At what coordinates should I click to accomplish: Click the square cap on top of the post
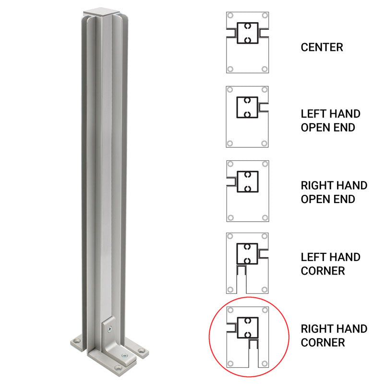pyautogui.click(x=99, y=11)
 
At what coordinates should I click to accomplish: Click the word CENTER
pyautogui.click(x=322, y=48)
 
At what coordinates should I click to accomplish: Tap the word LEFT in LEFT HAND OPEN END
pyautogui.click(x=312, y=114)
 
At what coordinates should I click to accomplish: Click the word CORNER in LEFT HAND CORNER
pyautogui.click(x=323, y=271)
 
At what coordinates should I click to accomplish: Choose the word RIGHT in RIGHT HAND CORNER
pyautogui.click(x=316, y=329)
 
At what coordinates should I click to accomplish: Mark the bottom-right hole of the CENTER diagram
pyautogui.click(x=264, y=69)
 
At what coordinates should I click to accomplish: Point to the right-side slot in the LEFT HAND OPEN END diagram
pyautogui.click(x=263, y=105)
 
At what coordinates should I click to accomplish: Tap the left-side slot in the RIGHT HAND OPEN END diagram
pyautogui.click(x=231, y=181)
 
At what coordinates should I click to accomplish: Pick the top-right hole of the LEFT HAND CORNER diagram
pyautogui.click(x=264, y=237)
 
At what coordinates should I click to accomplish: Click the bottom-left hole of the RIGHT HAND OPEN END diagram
pyautogui.click(x=230, y=217)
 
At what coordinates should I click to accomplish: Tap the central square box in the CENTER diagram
pyautogui.click(x=247, y=33)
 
